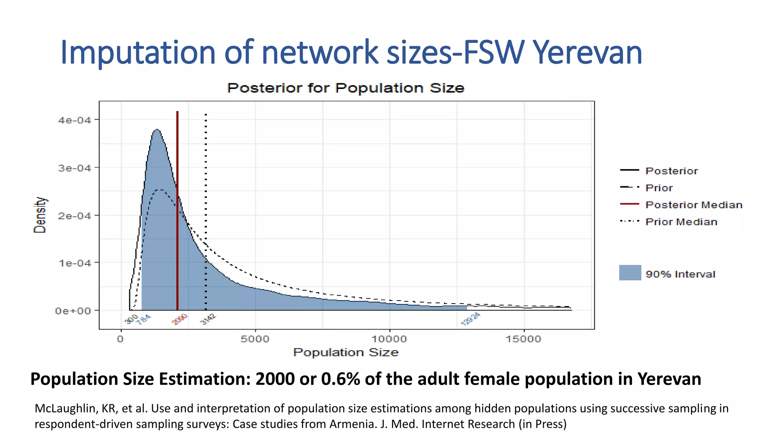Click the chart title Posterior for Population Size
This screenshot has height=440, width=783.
(x=346, y=88)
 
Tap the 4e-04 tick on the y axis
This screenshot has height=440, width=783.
(x=75, y=120)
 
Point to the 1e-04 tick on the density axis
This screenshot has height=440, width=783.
(x=75, y=263)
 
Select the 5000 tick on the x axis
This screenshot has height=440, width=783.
(x=255, y=339)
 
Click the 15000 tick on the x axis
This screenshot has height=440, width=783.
(x=523, y=339)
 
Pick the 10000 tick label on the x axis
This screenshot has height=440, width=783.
(x=389, y=339)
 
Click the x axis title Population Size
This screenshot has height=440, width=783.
(x=346, y=353)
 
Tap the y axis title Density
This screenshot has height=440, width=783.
(x=40, y=215)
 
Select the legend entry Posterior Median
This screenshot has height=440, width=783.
(x=694, y=205)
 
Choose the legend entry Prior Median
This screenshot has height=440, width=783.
(x=681, y=222)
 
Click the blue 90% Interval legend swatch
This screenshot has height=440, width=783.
(x=630, y=273)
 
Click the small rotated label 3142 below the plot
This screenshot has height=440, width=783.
(x=208, y=319)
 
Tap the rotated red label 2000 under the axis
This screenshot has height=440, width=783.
(x=180, y=319)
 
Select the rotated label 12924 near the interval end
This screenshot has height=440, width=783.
(x=470, y=319)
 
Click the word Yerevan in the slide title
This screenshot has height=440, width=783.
(x=587, y=53)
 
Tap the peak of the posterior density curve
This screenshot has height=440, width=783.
(x=157, y=130)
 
